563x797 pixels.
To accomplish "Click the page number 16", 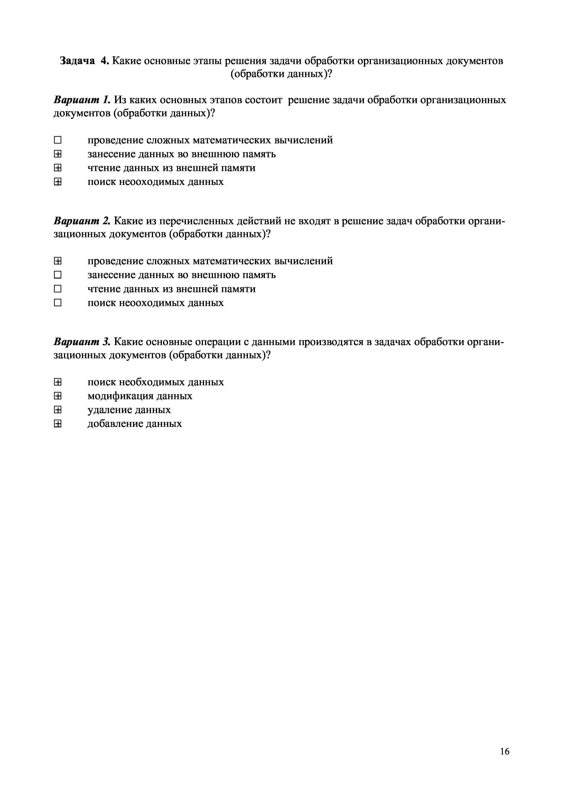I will [505, 752].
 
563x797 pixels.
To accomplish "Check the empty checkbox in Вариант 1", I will [58, 140].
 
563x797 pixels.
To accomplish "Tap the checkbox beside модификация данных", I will [58, 396].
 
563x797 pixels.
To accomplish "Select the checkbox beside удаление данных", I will [58, 410].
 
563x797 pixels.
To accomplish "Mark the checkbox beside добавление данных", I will [58, 424].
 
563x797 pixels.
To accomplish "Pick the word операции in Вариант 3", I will [216, 342].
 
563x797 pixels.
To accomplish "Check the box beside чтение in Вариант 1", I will [58, 168].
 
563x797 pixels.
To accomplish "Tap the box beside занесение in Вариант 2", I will [58, 275].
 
